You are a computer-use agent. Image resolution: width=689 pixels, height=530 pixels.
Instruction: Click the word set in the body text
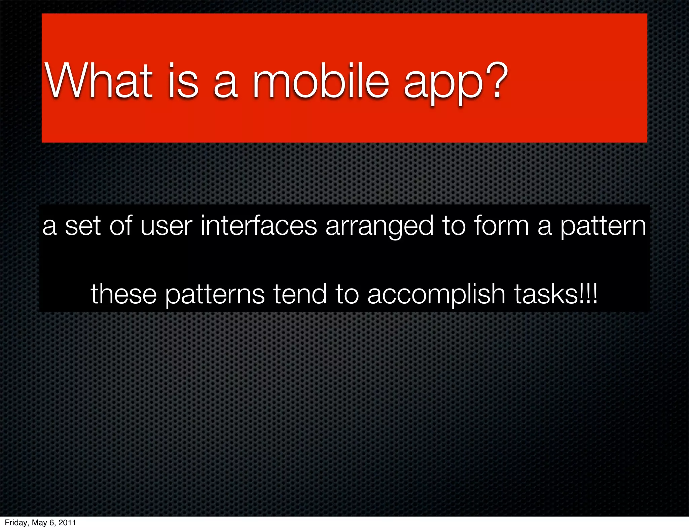click(83, 226)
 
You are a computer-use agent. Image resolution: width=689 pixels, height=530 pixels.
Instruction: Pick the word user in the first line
click(166, 226)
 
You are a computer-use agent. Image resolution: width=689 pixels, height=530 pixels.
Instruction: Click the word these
click(123, 294)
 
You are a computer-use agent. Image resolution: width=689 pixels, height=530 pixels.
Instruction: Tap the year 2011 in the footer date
click(67, 523)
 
